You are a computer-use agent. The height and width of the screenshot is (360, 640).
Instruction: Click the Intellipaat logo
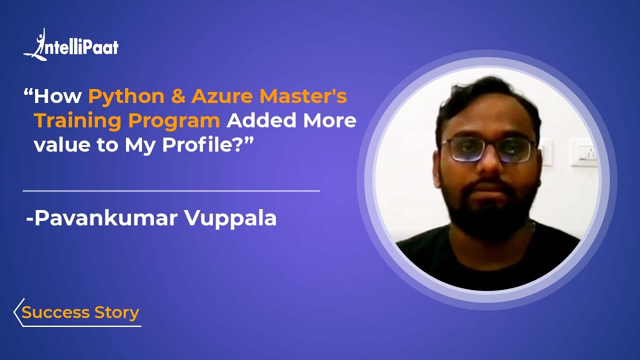pyautogui.click(x=71, y=46)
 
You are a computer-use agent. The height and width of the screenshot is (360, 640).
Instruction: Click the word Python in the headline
pyautogui.click(x=126, y=96)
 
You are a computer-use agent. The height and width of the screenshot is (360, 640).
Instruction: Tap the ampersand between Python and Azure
pyautogui.click(x=178, y=96)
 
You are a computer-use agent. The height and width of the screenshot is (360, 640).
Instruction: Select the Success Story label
pyautogui.click(x=80, y=312)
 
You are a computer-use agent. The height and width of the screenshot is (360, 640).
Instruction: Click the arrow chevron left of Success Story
pyautogui.click(x=18, y=312)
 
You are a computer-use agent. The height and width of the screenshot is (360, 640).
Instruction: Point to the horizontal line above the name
pyautogui.click(x=171, y=191)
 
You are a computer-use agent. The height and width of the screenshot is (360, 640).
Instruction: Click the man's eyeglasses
pyautogui.click(x=487, y=149)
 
